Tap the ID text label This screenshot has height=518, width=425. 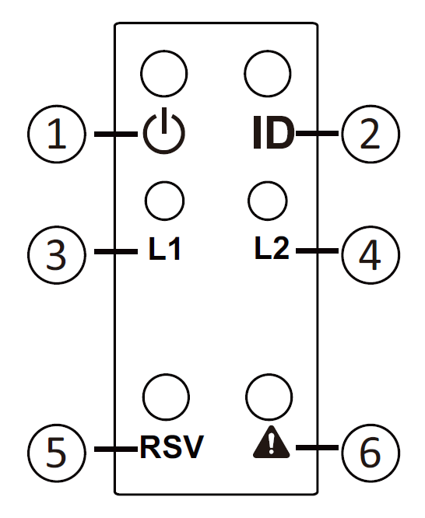pos(273,132)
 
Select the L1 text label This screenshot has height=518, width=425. pos(164,249)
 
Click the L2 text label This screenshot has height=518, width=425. pos(272,248)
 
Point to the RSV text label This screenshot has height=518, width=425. pos(172,447)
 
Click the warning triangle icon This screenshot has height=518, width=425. pos(271,442)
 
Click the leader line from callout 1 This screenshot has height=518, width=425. pos(116,134)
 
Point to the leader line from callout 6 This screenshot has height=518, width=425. pos(317,448)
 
